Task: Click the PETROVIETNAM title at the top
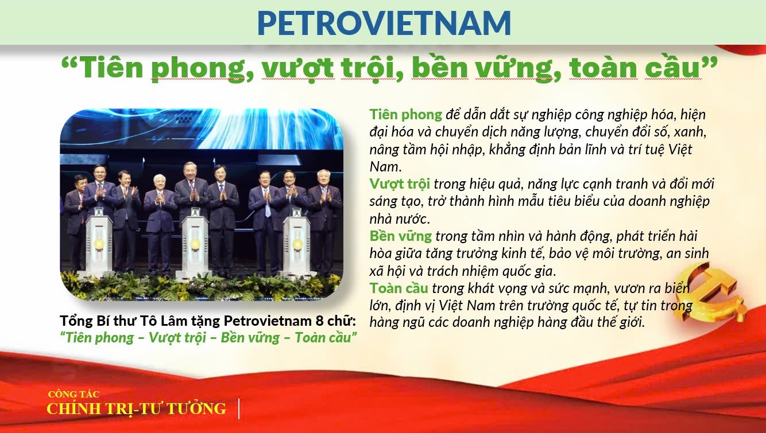[x=384, y=22]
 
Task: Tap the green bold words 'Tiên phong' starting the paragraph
[x=405, y=114]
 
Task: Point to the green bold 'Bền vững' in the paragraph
[x=401, y=236]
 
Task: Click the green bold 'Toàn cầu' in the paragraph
[x=399, y=287]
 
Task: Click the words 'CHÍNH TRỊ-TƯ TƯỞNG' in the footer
[x=136, y=408]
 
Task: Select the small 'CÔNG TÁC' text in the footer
[x=73, y=394]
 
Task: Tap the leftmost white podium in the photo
[x=98, y=244]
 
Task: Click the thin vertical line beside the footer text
[x=239, y=408]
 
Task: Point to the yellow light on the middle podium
[x=195, y=244]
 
